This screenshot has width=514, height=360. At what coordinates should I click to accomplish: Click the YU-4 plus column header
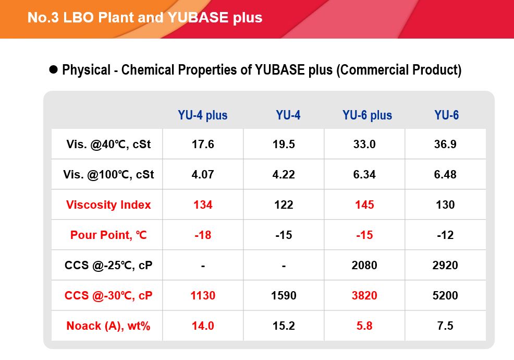point(203,115)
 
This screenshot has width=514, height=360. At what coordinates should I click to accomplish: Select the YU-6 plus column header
point(367,115)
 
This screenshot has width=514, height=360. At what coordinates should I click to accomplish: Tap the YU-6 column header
point(446,115)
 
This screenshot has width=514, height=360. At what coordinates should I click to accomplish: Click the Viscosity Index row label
point(108,205)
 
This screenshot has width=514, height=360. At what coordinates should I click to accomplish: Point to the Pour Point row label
point(108,235)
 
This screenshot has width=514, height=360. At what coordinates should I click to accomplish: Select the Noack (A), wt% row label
point(108,326)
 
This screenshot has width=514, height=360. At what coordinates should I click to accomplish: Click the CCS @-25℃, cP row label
point(108,265)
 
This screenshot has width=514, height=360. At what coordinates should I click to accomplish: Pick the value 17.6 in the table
point(203,144)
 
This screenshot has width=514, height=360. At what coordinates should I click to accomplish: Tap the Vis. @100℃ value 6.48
point(445,174)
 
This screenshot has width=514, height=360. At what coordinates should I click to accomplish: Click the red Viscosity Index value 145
point(364,205)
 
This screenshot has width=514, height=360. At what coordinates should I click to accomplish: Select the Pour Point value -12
point(445,235)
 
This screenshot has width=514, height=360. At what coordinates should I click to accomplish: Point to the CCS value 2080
point(364,265)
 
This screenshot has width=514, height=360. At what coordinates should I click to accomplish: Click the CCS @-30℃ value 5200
point(445,295)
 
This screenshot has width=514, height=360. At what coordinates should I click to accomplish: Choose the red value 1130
point(203,295)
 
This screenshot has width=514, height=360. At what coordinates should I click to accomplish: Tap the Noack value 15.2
point(284,326)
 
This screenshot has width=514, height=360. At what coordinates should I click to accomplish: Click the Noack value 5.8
point(364,326)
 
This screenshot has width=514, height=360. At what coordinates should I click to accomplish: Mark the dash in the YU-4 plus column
point(203,266)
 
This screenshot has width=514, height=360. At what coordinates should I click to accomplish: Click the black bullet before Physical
point(53,69)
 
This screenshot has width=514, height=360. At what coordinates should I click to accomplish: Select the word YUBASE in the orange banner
point(198,17)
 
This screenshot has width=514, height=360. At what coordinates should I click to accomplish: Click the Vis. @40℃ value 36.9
point(445,144)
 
